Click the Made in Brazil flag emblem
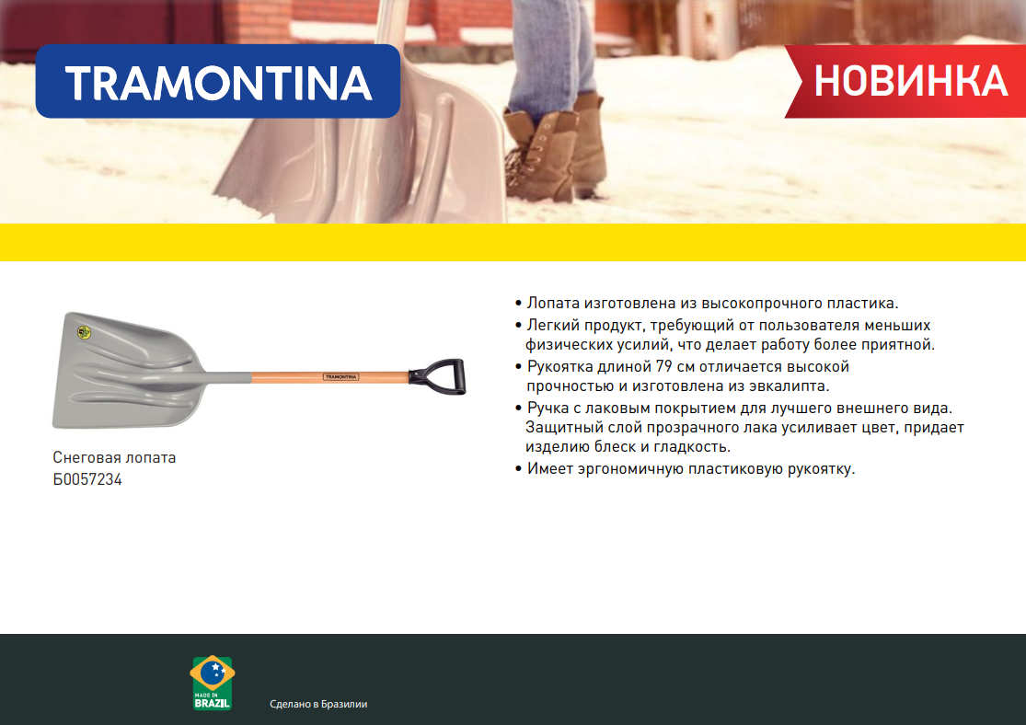[212, 683]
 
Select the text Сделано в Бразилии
[318, 704]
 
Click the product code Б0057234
[87, 479]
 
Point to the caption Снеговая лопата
[114, 457]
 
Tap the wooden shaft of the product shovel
[329, 377]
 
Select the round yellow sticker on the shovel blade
[84, 332]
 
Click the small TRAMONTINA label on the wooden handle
[340, 377]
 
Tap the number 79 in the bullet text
[664, 366]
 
